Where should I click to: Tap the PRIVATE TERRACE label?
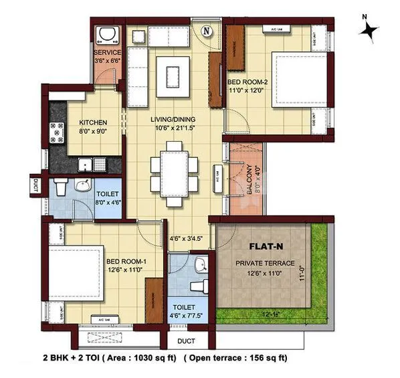pyautogui.click(x=264, y=263)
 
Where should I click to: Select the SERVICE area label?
pyautogui.click(x=107, y=52)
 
